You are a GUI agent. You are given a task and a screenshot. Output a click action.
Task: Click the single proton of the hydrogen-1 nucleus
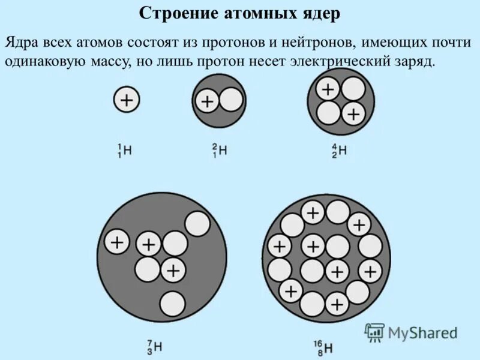pos(127,100)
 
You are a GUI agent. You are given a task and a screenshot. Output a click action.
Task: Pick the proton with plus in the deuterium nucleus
pos(207,101)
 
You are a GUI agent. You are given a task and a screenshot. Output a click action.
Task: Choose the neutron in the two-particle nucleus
pos(231,100)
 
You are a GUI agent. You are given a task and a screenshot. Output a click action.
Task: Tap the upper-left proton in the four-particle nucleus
pos(328,89)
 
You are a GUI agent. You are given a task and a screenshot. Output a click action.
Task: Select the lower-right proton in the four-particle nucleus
pos(353,113)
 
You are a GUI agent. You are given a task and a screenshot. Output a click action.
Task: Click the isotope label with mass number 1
pos(125,150)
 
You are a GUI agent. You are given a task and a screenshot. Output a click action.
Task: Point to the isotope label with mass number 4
pos(340,150)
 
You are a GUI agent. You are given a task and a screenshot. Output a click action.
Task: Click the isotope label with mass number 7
pos(155,346)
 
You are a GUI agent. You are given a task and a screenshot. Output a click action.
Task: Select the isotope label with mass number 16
pos(324,346)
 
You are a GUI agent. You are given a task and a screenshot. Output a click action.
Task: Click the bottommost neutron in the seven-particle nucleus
pos(172,302)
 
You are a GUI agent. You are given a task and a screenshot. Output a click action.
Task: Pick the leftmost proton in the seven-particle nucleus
pos(117,242)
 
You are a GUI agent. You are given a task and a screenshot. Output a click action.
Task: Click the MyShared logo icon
pos(375,332)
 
